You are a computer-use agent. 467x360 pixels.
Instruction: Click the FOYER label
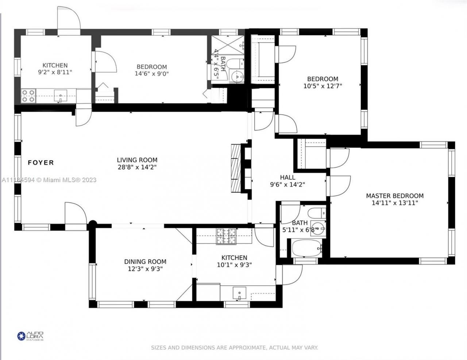pos(40,163)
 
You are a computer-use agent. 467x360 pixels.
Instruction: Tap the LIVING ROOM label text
pos(137,160)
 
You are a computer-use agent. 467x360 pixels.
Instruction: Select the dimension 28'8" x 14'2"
pos(137,167)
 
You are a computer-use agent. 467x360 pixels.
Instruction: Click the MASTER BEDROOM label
pos(395,196)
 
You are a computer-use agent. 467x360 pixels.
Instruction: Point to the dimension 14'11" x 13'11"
pos(395,203)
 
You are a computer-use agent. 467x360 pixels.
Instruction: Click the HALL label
pos(287,177)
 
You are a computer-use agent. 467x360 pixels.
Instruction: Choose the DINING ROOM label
pos(145,262)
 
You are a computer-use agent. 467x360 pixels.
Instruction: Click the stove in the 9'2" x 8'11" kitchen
pos(28,96)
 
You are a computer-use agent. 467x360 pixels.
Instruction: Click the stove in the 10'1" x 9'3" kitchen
pos(226,236)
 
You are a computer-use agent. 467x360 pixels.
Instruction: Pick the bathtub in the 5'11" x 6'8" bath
pos(306,249)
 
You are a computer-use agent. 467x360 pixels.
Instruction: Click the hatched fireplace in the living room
pos(236,168)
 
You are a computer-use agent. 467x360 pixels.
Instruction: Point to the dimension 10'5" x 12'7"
pos(323,86)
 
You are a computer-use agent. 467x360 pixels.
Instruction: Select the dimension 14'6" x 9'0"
pos(152,74)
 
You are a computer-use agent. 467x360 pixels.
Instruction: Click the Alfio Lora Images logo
pos(31,336)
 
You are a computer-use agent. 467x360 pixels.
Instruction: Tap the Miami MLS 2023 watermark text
pos(49,179)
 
